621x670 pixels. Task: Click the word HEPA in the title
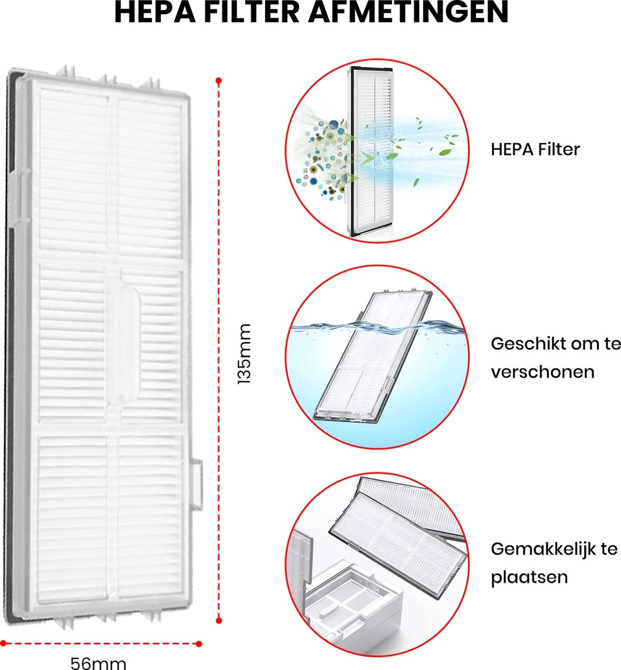tap(155, 12)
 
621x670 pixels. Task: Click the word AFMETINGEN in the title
tap(408, 12)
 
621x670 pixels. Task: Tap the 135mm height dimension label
tap(244, 353)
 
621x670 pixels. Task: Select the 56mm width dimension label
tap(98, 663)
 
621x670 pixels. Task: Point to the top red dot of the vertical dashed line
tap(219, 80)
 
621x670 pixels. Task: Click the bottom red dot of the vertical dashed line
tap(219, 620)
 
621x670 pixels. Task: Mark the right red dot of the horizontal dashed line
tap(199, 644)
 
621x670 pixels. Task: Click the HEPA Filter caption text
tap(535, 150)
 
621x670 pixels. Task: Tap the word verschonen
tap(542, 372)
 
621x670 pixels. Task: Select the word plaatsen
tap(529, 577)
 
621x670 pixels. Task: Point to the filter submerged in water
tap(373, 356)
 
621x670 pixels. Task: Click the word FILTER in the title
tap(252, 12)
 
